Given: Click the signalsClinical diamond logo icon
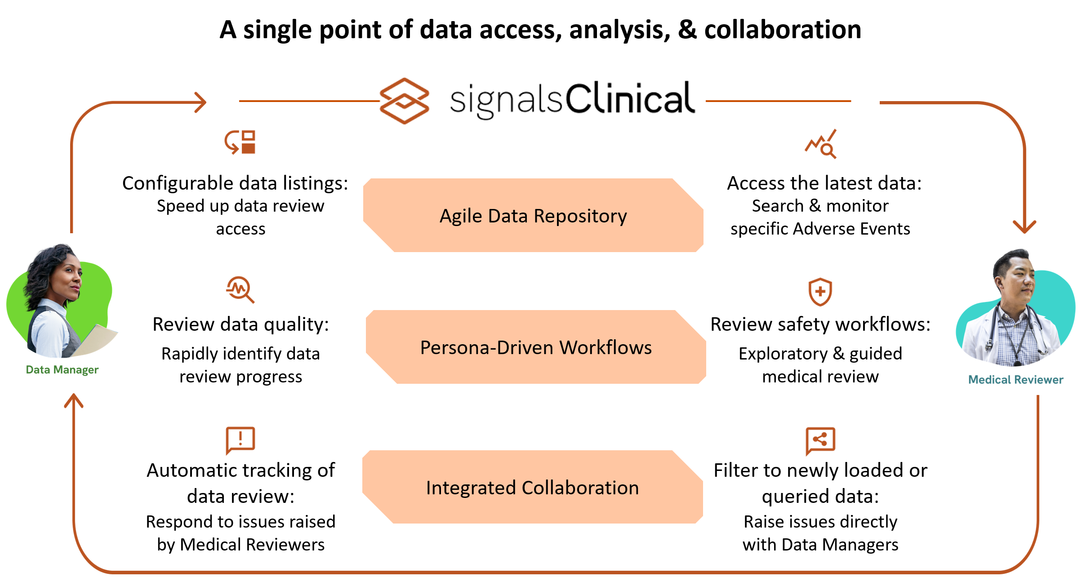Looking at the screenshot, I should (404, 101).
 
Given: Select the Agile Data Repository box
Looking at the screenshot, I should (533, 216).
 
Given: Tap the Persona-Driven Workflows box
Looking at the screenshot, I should (536, 347).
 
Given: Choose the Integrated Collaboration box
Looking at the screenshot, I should (533, 488).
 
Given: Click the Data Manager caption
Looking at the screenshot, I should (62, 370).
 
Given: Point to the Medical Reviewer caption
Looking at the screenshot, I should (1015, 380).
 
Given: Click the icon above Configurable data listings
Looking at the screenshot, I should (240, 142).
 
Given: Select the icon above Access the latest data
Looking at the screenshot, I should (821, 144).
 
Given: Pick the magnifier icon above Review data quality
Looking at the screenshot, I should (240, 289).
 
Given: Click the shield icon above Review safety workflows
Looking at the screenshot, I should (820, 292).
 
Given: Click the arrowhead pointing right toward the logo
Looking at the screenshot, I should (200, 102).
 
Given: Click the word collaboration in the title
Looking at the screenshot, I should (783, 30).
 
